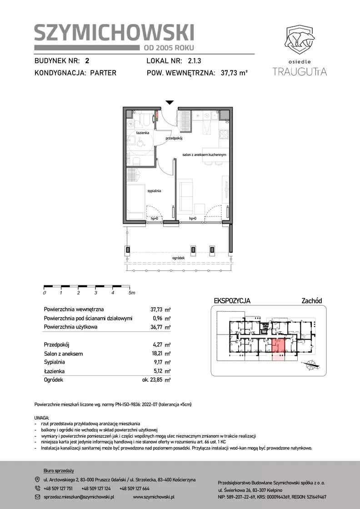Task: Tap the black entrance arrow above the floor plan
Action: click(x=170, y=103)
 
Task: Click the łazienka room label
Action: click(x=143, y=133)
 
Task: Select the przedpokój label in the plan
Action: click(x=175, y=138)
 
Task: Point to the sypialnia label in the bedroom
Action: click(x=154, y=191)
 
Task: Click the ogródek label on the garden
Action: click(x=179, y=258)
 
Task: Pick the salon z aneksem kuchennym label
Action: click(x=204, y=155)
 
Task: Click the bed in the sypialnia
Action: click(x=136, y=202)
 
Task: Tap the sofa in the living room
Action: click(x=185, y=197)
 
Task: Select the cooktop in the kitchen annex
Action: click(x=224, y=134)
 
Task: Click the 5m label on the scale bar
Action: click(x=131, y=293)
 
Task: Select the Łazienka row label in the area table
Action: click(x=54, y=371)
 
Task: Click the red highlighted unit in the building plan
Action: click(x=278, y=347)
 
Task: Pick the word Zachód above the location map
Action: click(x=312, y=301)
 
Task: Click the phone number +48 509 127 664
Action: click(x=135, y=489)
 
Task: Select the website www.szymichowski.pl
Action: click(x=154, y=497)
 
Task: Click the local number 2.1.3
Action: click(x=195, y=61)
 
